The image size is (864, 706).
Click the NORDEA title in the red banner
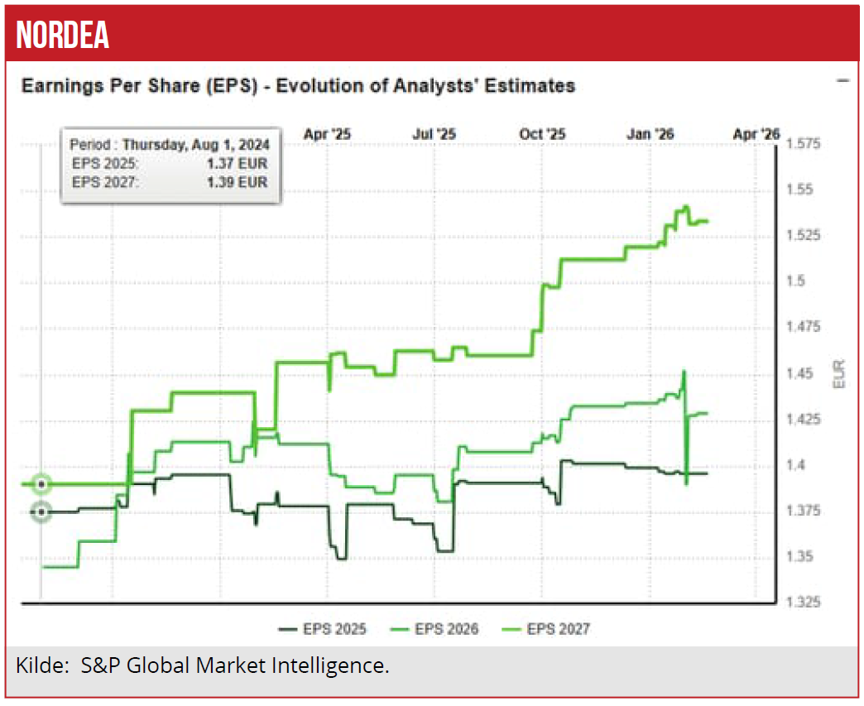(x=63, y=35)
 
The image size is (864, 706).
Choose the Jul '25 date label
(x=434, y=133)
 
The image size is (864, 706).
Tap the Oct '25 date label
(x=542, y=133)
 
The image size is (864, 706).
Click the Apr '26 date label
(x=756, y=133)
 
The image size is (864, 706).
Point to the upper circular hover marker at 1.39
(x=41, y=484)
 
